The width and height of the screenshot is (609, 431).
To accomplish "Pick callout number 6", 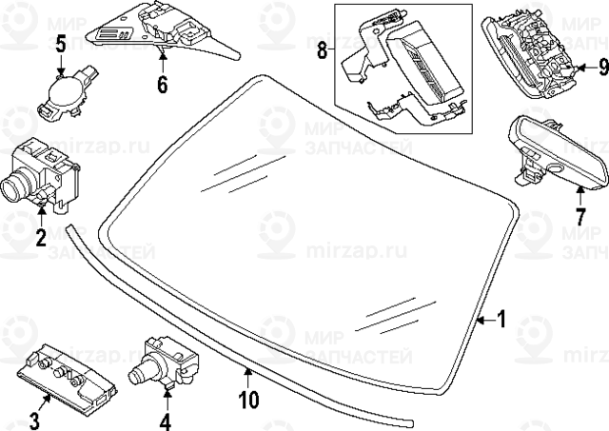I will click(x=162, y=84).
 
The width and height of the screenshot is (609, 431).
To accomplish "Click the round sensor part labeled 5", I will click(x=64, y=93).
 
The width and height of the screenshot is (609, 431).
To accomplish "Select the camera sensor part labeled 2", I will click(x=43, y=171).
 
